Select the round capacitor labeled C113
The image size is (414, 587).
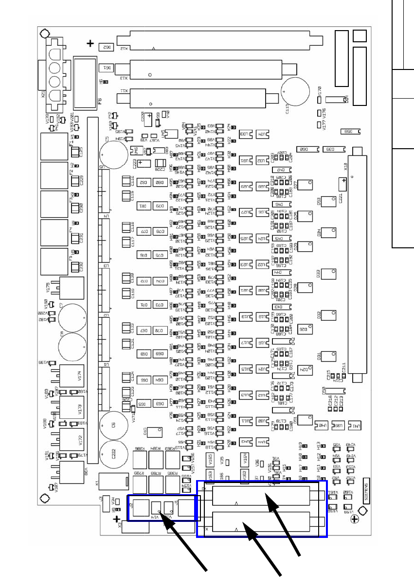click(x=296, y=92)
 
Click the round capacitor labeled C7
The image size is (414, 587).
click(x=72, y=316)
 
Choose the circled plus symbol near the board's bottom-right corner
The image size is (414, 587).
click(x=355, y=519)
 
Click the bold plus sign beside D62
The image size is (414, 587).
click(x=90, y=44)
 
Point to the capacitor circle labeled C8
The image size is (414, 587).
click(x=72, y=347)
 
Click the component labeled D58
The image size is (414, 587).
click(x=351, y=131)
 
